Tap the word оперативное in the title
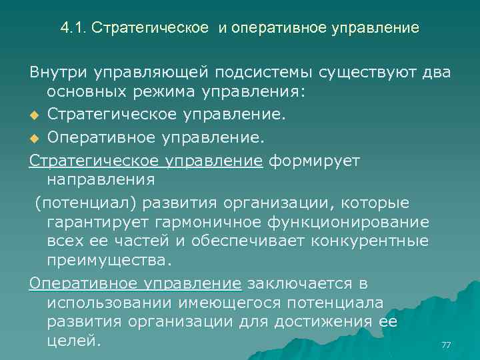coord(268,29)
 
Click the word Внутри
coord(58,72)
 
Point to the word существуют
coord(369,72)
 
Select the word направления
coord(101,180)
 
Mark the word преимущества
coord(109,259)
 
